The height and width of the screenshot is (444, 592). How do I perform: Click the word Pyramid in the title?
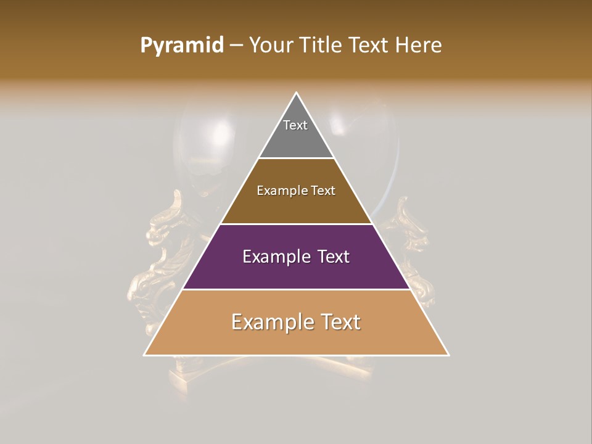[x=181, y=46]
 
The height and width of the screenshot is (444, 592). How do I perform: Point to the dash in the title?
[x=236, y=46]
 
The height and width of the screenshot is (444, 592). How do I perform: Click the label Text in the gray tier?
[x=295, y=125]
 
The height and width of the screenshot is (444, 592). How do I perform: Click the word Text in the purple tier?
[x=330, y=257]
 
